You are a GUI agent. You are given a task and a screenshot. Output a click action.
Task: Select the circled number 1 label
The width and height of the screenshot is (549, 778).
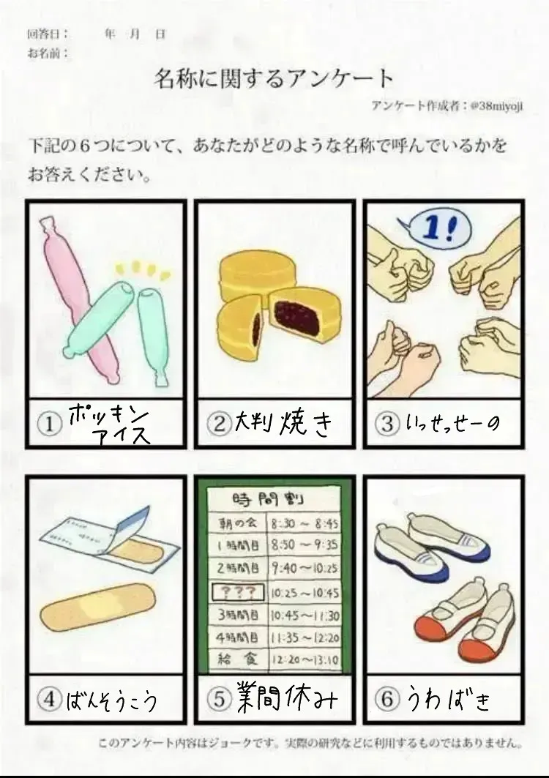coord(48,424)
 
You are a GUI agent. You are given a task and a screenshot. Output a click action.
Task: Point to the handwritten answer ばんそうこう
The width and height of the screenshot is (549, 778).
coord(111,700)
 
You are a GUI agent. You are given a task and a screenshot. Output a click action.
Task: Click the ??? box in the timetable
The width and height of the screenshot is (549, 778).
coord(238,591)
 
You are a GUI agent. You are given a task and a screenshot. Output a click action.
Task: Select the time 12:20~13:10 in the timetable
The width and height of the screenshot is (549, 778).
coord(305,659)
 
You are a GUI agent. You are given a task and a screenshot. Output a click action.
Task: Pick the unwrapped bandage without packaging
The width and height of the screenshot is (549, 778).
coord(98,606)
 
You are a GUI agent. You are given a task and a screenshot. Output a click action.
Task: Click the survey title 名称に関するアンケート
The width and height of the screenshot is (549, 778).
coord(274,78)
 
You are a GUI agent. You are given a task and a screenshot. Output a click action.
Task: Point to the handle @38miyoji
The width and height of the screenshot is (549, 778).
coord(496,105)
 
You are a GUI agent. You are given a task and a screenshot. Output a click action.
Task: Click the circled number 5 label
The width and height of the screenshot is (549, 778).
coord(219,699)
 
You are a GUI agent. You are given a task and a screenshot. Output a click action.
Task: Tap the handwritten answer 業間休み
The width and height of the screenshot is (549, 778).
coord(287,697)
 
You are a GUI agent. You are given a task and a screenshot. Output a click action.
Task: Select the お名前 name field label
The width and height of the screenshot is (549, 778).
coord(48,53)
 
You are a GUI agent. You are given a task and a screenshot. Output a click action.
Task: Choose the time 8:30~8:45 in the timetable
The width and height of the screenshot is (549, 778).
coord(305,524)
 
